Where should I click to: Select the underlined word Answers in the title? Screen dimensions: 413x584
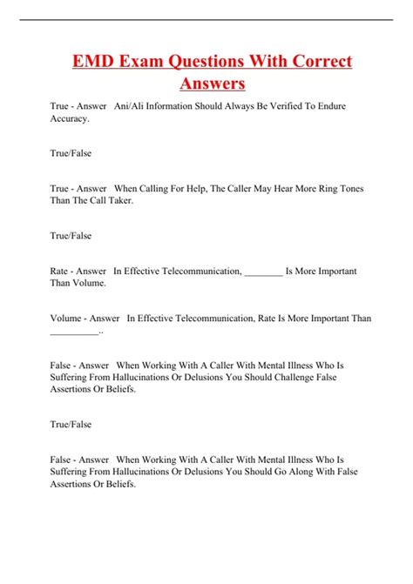pyautogui.click(x=213, y=84)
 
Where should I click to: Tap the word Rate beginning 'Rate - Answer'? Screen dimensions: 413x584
pyautogui.click(x=61, y=272)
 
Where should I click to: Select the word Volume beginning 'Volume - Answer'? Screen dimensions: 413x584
pyautogui.click(x=68, y=319)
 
